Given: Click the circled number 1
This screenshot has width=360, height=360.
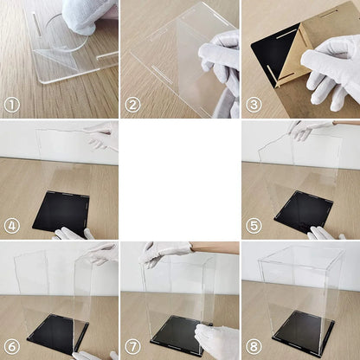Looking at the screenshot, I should click(x=12, y=106).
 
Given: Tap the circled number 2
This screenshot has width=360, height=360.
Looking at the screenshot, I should click(x=132, y=106).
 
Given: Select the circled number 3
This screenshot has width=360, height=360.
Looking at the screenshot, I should click(x=254, y=106).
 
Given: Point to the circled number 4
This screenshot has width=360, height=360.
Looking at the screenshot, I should click(x=12, y=226).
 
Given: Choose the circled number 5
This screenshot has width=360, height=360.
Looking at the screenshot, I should click(x=254, y=226).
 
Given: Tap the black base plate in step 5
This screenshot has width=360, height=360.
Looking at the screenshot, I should click(x=303, y=210).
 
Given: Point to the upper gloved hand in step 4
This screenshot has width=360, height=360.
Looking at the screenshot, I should click(x=102, y=134).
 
